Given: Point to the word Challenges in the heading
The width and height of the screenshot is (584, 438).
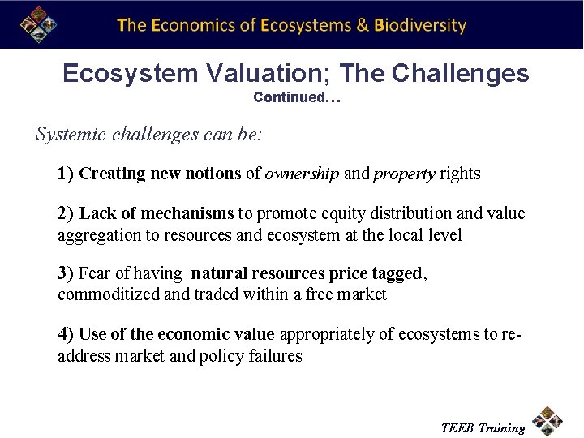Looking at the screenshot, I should [460, 74].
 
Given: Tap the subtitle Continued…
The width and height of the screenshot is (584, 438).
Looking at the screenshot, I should [297, 97].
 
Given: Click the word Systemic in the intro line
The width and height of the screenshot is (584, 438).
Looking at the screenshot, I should [67, 135].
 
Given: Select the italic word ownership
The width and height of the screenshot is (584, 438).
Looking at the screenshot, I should [302, 174].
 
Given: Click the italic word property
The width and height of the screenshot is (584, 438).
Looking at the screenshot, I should [404, 174].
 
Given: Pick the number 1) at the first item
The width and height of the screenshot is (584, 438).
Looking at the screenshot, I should [66, 174].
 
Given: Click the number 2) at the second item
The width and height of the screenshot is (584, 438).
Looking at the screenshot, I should [66, 213].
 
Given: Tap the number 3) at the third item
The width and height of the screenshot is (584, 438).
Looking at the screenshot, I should [66, 274].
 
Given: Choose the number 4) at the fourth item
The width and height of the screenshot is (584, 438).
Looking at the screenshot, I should [66, 334].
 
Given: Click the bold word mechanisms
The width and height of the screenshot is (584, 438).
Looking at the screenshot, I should [187, 213].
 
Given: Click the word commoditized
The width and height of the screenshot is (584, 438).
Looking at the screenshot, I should [109, 295].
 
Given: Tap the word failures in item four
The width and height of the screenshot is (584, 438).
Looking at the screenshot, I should [275, 356].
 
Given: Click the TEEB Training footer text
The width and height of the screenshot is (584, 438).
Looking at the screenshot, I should [482, 427].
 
